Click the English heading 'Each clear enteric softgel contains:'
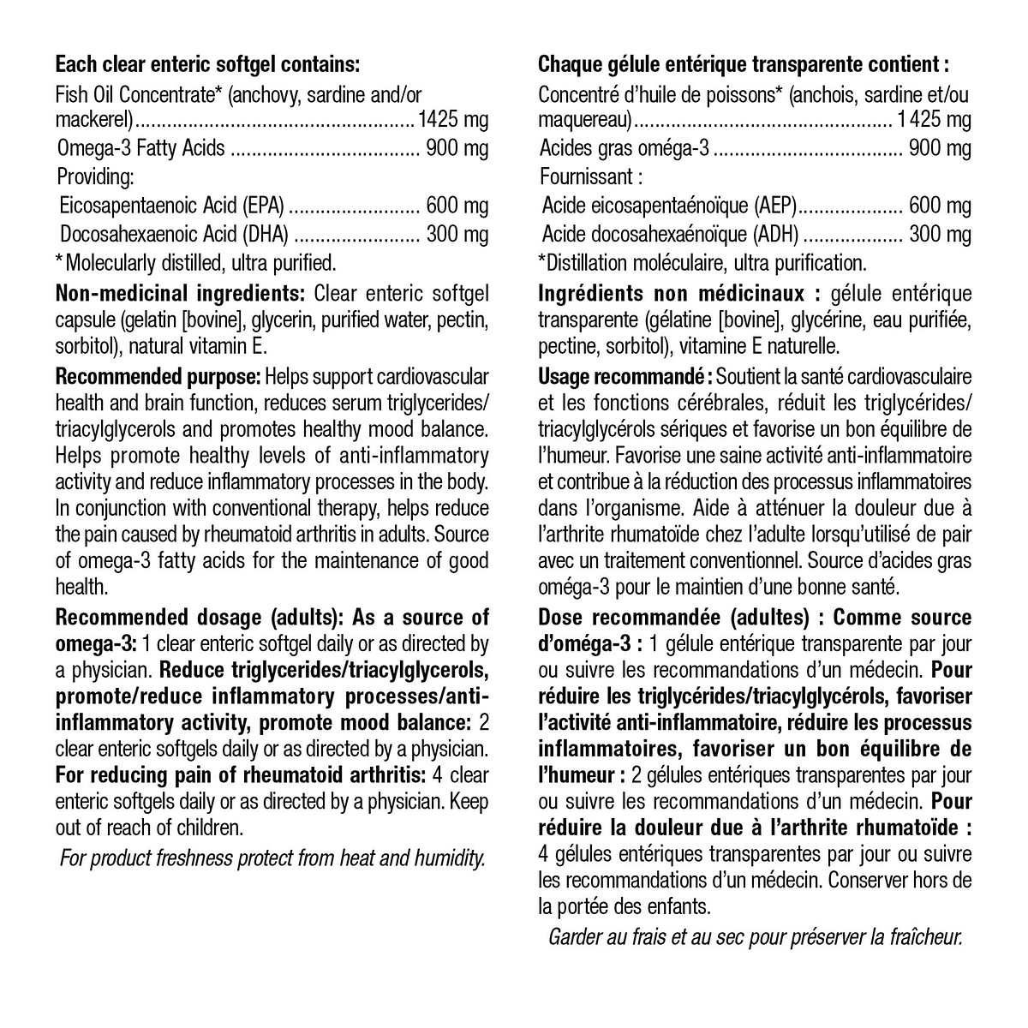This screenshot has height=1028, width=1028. click(x=206, y=64)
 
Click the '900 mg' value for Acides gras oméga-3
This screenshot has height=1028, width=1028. click(x=940, y=148)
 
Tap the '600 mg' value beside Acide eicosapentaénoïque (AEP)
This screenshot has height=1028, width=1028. click(x=940, y=206)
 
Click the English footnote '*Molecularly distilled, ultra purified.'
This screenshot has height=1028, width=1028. click(x=195, y=262)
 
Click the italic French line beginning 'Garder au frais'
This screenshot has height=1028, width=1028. click(x=756, y=936)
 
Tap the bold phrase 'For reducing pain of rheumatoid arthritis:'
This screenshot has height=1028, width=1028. click(x=241, y=775)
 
